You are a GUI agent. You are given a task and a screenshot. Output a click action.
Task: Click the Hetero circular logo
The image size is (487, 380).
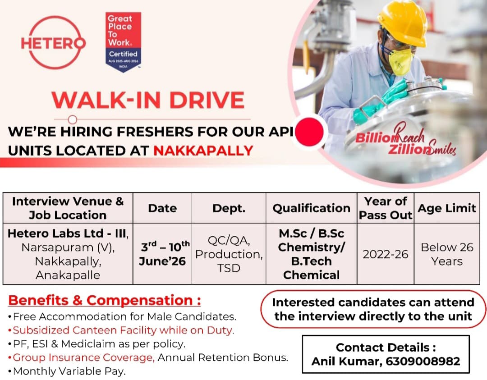(53, 42)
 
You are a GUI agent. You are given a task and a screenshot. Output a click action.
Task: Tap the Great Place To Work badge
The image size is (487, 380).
(123, 42)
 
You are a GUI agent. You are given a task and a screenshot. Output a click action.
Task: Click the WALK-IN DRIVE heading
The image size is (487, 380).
(148, 100)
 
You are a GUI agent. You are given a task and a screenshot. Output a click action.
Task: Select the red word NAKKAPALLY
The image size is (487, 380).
(203, 151)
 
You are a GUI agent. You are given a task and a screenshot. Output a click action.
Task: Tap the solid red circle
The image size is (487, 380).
(309, 132)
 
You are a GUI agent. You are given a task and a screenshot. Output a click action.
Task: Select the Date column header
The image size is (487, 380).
(162, 208)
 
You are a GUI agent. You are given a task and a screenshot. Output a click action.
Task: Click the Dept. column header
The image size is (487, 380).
(229, 208)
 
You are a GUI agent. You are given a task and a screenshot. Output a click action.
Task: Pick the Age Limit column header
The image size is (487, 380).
(446, 208)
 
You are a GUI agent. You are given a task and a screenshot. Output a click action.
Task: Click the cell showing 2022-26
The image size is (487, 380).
(386, 254)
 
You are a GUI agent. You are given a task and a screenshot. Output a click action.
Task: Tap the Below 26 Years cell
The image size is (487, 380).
(447, 254)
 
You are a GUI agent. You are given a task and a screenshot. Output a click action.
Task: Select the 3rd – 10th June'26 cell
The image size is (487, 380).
(162, 254)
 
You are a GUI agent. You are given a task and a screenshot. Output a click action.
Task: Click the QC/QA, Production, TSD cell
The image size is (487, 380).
(229, 254)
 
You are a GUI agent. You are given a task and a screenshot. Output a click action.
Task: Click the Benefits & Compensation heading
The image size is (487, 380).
(105, 300)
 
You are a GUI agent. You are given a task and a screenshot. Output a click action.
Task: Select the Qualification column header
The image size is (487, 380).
(311, 208)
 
